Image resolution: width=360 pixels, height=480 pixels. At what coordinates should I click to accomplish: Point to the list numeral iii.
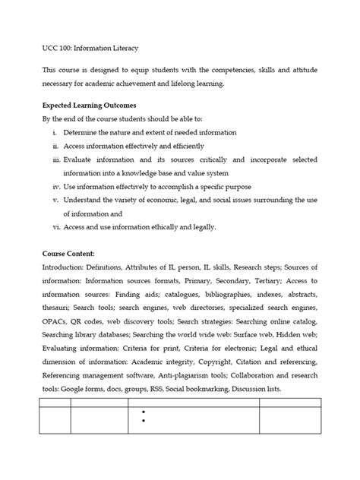pyautogui.click(x=55, y=160)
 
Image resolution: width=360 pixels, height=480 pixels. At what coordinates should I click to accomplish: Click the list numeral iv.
pyautogui.click(x=55, y=187)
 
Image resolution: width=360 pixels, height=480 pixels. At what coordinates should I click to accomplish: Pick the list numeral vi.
pyautogui.click(x=55, y=226)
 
